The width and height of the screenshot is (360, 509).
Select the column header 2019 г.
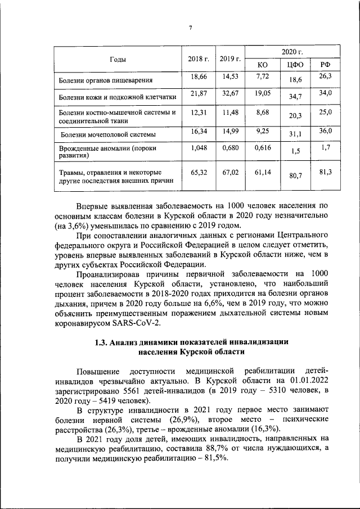click(230, 59)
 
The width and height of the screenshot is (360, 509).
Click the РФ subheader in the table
click(325, 65)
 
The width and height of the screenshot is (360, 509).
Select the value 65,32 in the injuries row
click(199, 172)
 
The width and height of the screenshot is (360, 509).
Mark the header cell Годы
click(118, 59)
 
